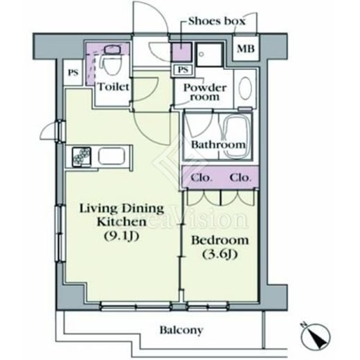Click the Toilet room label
[114, 87]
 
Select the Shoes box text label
[217, 21]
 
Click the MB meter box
[246, 48]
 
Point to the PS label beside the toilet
[73, 73]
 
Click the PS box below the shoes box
[183, 69]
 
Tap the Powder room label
[205, 92]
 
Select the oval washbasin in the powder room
[245, 88]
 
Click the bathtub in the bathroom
[235, 136]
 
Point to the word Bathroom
[218, 145]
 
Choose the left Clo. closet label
[201, 178]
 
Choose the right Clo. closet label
[240, 178]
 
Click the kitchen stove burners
[82, 156]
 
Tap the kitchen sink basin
[111, 156]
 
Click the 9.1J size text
[122, 235]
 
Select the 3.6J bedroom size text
[220, 254]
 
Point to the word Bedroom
[220, 240]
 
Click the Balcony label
[181, 330]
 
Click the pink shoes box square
[182, 52]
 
